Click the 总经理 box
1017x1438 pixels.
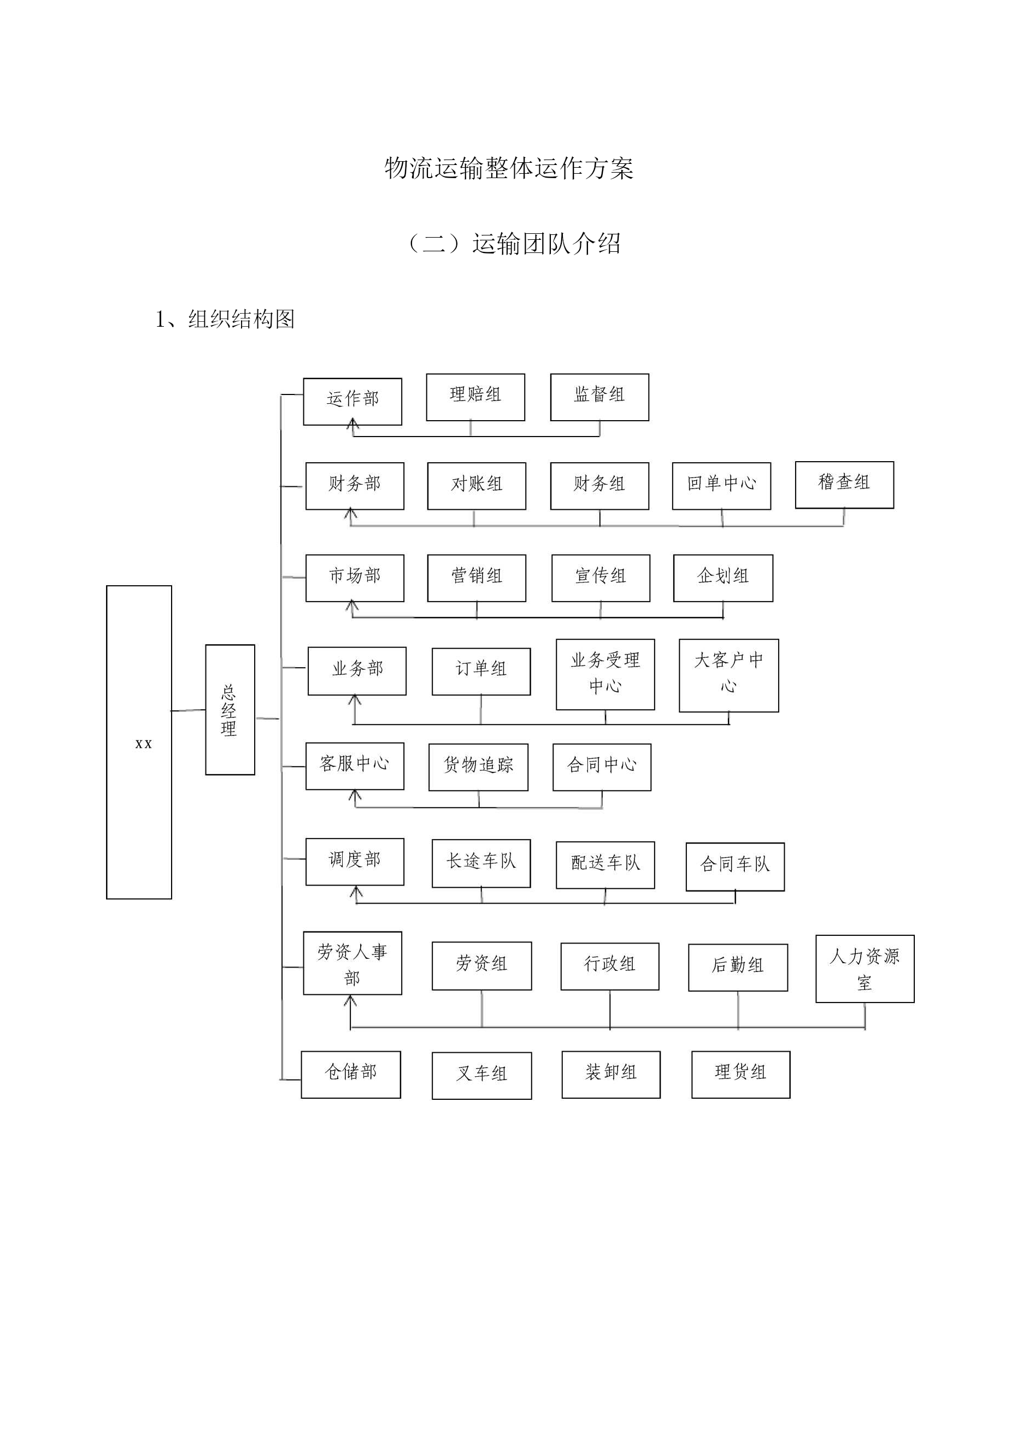[x=230, y=710]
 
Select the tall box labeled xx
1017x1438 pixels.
[x=139, y=742]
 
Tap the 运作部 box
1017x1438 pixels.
[x=352, y=402]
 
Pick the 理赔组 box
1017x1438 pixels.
[x=475, y=397]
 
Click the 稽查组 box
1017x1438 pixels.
[x=844, y=485]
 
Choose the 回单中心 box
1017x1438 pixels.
[x=721, y=486]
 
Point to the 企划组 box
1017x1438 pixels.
[x=723, y=578]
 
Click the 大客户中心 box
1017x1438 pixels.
[x=729, y=675]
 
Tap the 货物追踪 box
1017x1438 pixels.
[x=478, y=767]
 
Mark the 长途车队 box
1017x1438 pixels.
[x=481, y=863]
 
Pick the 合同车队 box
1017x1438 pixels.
[x=735, y=867]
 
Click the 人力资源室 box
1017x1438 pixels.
[x=865, y=969]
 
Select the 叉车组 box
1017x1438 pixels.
[x=482, y=1075]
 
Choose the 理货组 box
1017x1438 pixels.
[x=740, y=1075]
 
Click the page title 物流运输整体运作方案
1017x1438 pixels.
[x=509, y=168]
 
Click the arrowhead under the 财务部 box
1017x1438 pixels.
[x=351, y=514]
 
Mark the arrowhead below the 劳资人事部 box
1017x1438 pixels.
[x=351, y=1001]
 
